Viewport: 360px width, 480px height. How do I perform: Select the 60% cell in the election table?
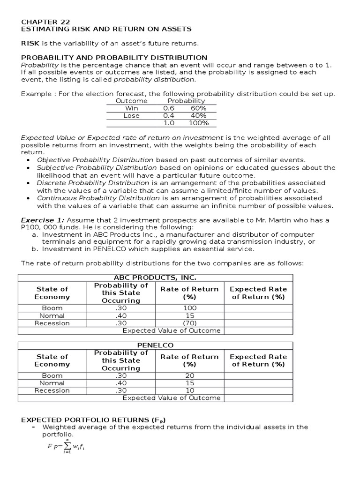coord(198,108)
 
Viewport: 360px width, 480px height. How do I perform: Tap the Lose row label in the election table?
coord(131,115)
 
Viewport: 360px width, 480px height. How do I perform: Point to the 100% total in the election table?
coord(198,123)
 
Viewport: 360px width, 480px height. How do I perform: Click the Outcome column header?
coord(131,101)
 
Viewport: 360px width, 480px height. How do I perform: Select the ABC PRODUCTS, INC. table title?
coord(155,277)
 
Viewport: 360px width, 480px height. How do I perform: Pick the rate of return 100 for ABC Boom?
coord(189,308)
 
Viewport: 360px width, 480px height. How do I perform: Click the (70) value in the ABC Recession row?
coord(189,323)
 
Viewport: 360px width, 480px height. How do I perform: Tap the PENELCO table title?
coord(155,345)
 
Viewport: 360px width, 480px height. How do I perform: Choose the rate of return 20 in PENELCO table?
coord(189,375)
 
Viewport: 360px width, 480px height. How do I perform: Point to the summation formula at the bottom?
coord(66,446)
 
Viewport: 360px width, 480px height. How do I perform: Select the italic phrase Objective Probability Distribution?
coord(95,160)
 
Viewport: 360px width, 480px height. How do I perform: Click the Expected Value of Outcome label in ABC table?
coord(171,330)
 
